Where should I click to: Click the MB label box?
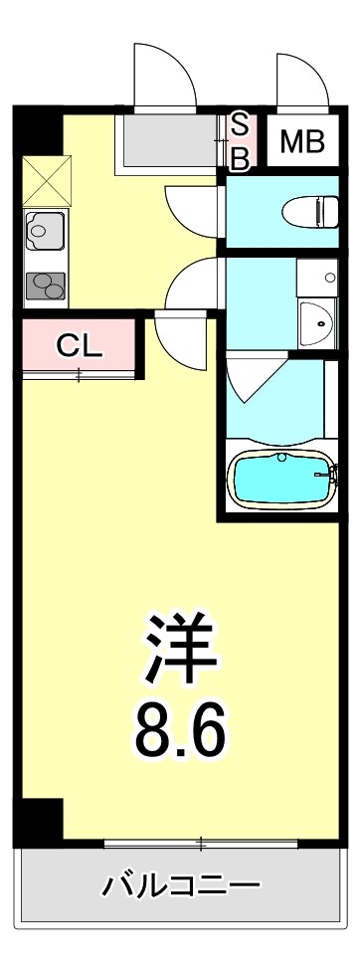[301, 142]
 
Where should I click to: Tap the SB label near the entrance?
[240, 142]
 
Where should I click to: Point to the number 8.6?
[181, 731]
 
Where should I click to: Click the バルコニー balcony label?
[181, 884]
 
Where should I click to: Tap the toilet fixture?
[309, 212]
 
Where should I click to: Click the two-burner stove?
[44, 286]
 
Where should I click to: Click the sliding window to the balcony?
[200, 845]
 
